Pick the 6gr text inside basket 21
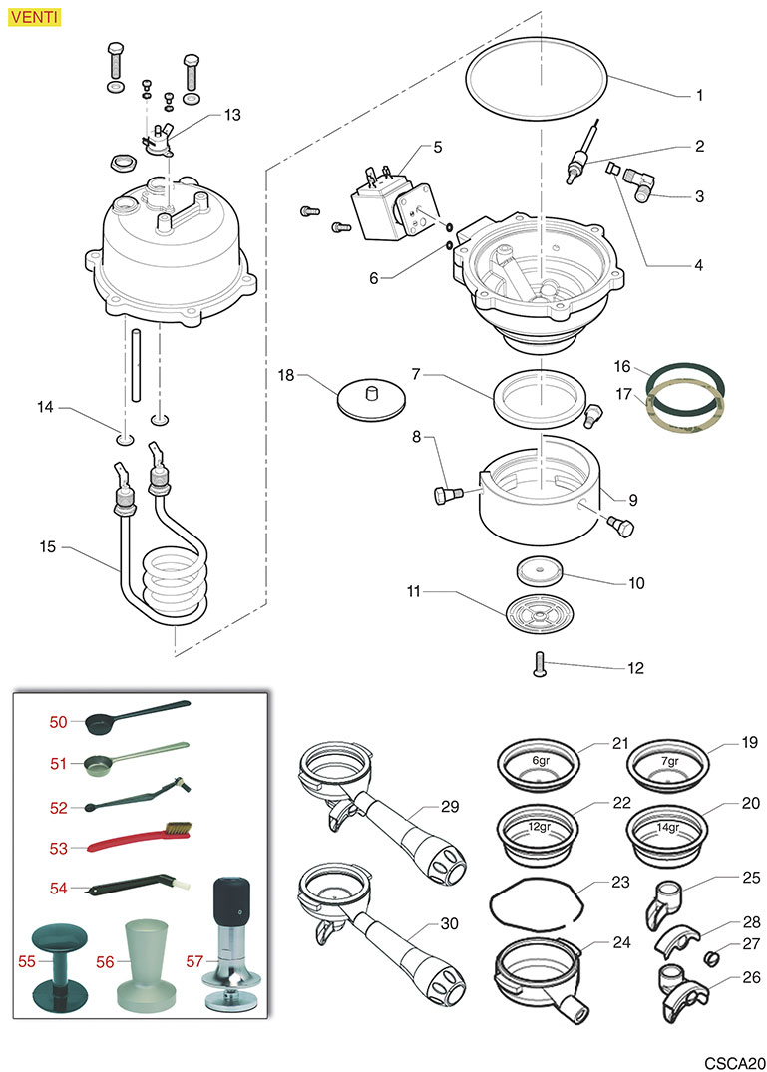coord(540,761)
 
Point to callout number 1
coord(699,96)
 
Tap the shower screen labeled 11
coord(542,610)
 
